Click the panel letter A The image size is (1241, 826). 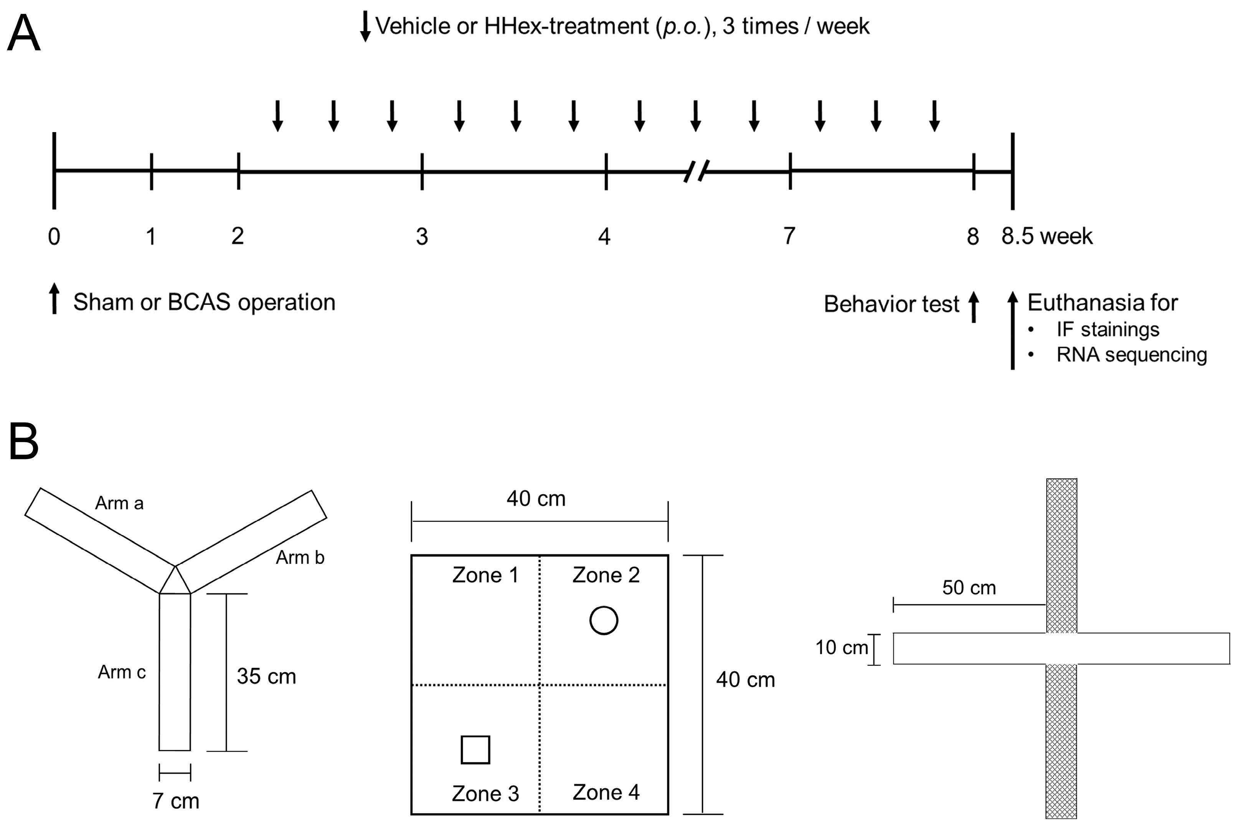click(x=24, y=33)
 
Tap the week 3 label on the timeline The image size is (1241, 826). click(x=422, y=236)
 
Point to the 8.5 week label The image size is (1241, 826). click(x=1047, y=236)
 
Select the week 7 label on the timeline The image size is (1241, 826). click(x=789, y=236)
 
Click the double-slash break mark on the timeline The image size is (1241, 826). click(x=696, y=171)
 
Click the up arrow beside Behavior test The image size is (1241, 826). click(x=974, y=307)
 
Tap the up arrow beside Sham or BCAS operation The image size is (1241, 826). click(x=54, y=299)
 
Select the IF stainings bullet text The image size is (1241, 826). click(x=1107, y=329)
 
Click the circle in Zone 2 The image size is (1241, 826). click(x=603, y=621)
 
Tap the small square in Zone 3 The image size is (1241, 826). click(x=475, y=749)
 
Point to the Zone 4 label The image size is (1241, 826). click(x=606, y=792)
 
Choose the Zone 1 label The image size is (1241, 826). click(x=485, y=575)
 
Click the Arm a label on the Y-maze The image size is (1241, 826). click(x=119, y=503)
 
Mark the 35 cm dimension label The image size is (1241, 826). click(x=266, y=676)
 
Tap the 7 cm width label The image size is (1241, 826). click(x=176, y=801)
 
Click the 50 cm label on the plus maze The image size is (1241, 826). click(x=969, y=587)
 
